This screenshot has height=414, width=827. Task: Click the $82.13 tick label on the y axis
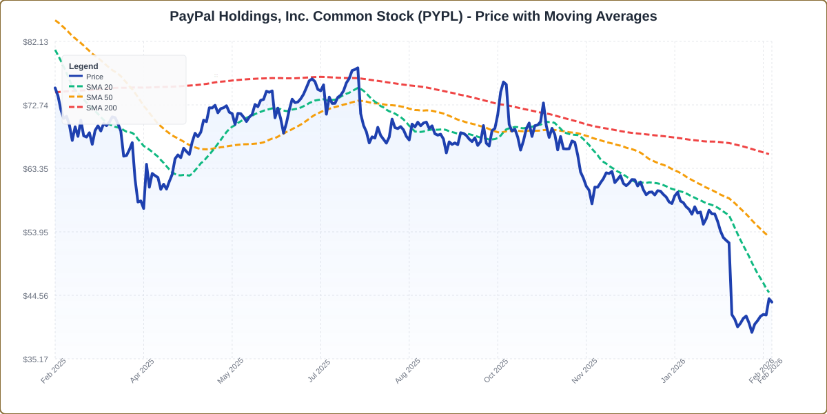tap(35, 42)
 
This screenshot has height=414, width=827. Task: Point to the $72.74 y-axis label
tap(35, 106)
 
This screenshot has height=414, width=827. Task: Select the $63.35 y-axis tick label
tap(35, 169)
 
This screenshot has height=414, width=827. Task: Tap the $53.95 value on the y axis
tap(35, 233)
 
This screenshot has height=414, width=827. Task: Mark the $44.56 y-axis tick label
tap(35, 296)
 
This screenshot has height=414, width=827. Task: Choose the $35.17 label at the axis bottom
tap(35, 359)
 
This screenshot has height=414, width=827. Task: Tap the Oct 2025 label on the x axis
tap(496, 371)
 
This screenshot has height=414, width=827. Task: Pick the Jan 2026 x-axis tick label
tap(673, 371)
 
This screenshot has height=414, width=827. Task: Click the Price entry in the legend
tap(94, 77)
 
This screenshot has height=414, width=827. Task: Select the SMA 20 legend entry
tap(99, 87)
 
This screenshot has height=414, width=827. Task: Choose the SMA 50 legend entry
tap(99, 97)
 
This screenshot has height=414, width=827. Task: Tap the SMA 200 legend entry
tap(101, 108)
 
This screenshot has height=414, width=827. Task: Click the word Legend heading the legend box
tap(83, 66)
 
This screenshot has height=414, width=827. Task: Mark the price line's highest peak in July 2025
tap(358, 68)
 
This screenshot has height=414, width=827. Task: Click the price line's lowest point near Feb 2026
tap(752, 332)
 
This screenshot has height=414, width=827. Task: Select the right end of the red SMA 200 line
tap(769, 154)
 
